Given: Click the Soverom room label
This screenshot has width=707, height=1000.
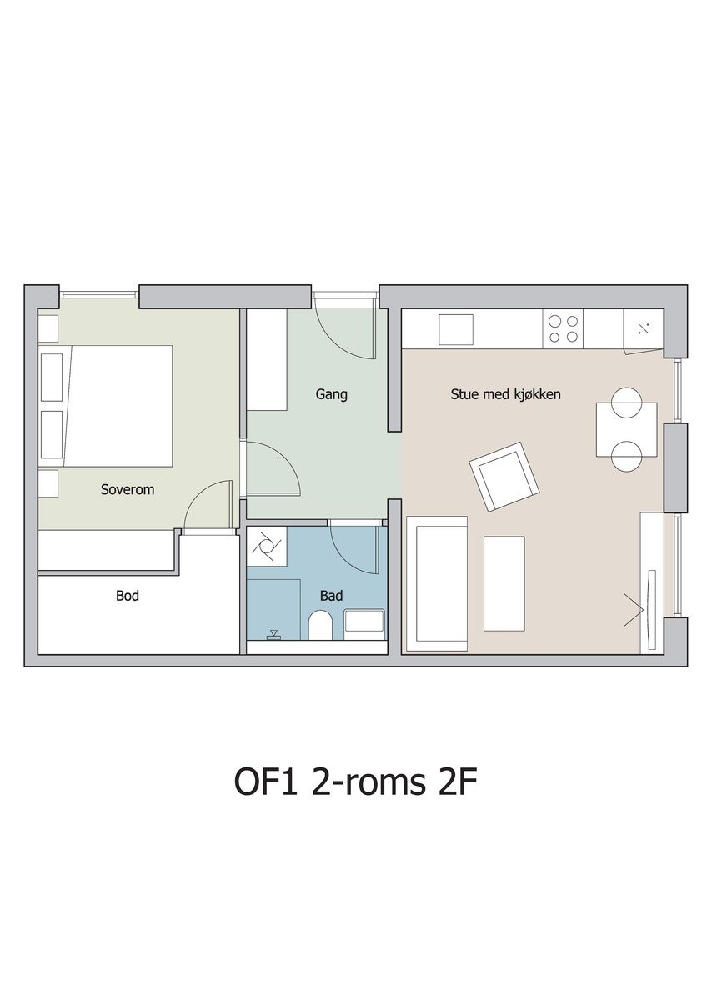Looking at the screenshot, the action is pyautogui.click(x=128, y=489).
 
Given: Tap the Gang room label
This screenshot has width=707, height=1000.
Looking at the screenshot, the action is pyautogui.click(x=331, y=395).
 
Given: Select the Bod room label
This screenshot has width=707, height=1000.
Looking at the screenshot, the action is pyautogui.click(x=128, y=596).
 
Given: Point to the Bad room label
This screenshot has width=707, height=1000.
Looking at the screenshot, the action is pyautogui.click(x=331, y=596).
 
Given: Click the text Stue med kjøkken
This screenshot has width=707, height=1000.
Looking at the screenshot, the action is pyautogui.click(x=505, y=394).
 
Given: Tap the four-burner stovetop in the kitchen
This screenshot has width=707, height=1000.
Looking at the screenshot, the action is pyautogui.click(x=563, y=328).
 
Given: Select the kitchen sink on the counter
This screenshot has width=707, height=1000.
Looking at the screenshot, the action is pyautogui.click(x=455, y=329).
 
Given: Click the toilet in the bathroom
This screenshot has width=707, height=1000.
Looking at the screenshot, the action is pyautogui.click(x=320, y=626).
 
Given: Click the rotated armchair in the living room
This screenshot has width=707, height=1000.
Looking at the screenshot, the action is pyautogui.click(x=504, y=477).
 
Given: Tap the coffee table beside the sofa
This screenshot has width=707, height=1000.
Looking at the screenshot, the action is pyautogui.click(x=504, y=583).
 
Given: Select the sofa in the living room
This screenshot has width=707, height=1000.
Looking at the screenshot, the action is pyautogui.click(x=436, y=583).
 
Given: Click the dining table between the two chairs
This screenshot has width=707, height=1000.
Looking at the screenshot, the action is pyautogui.click(x=626, y=429).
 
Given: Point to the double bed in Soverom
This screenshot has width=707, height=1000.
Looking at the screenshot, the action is pyautogui.click(x=105, y=406).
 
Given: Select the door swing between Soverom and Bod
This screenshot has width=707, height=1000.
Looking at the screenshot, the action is pyautogui.click(x=208, y=507).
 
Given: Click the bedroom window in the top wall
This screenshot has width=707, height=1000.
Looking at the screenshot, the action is pyautogui.click(x=99, y=295).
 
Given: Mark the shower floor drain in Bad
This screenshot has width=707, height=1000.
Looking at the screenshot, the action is pyautogui.click(x=273, y=634).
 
